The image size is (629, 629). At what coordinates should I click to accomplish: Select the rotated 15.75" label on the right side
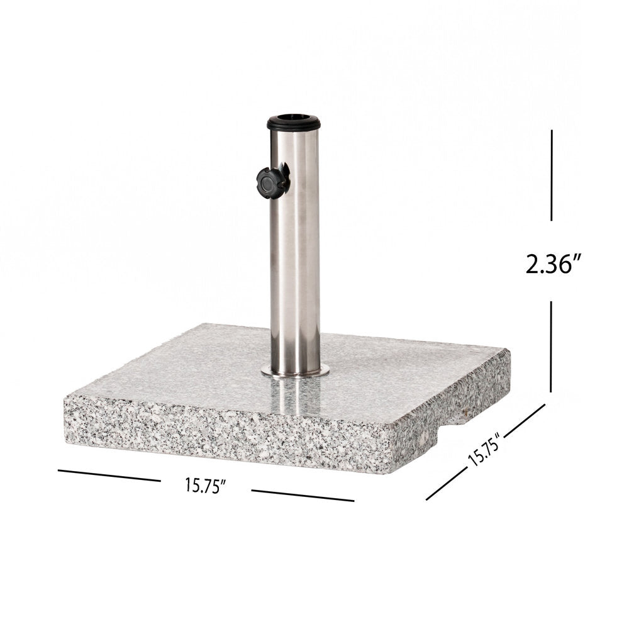tap(484, 448)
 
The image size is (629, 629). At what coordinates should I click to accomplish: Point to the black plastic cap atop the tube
tap(294, 122)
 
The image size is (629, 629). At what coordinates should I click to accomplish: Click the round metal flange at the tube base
tap(296, 372)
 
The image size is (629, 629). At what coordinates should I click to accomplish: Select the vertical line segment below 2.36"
tap(552, 346)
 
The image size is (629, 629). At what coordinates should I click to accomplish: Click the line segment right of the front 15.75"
tap(303, 496)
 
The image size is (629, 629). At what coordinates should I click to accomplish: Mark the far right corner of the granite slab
tap(509, 350)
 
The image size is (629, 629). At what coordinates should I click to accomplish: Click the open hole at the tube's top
tap(293, 117)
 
